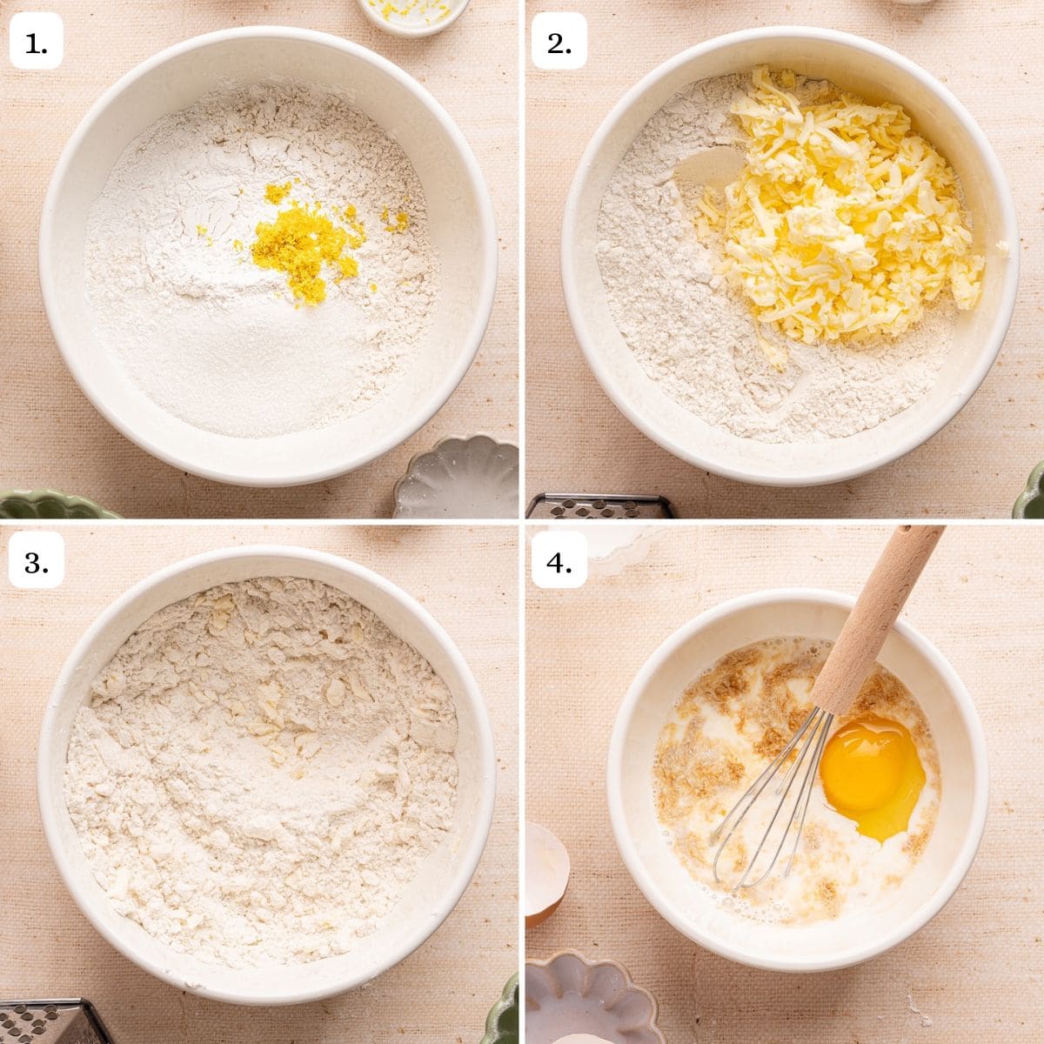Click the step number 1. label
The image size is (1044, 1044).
[37, 44]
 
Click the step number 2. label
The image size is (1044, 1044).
[559, 44]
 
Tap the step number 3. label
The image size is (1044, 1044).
[37, 564]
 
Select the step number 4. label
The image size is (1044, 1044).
[559, 564]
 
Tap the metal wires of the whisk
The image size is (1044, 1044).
[766, 800]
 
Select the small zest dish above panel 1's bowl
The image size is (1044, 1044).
[414, 14]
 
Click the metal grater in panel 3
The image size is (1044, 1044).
[43, 1021]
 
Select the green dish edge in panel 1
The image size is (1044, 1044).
[52, 504]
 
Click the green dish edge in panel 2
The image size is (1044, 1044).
[1035, 492]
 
